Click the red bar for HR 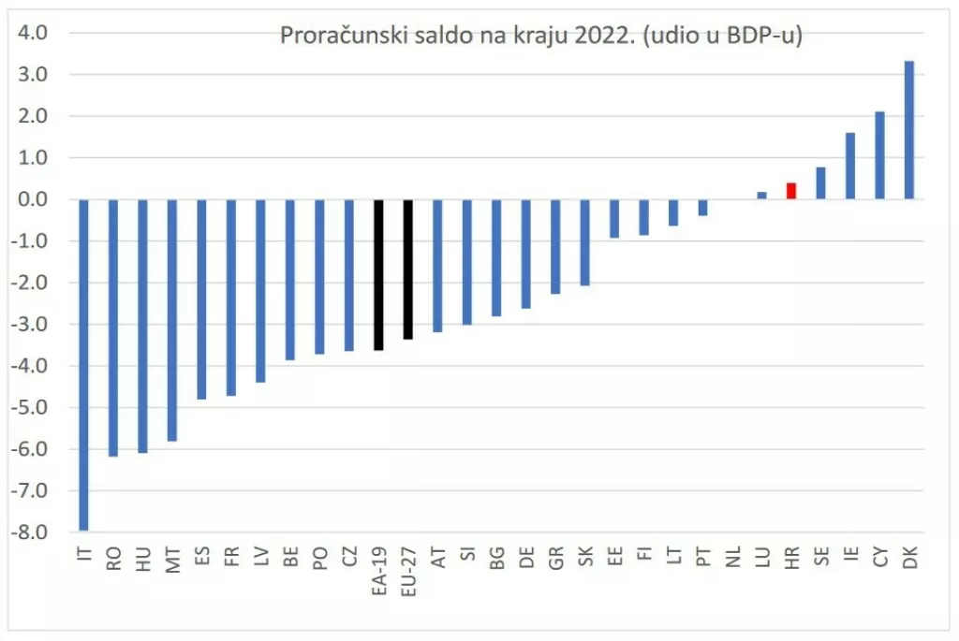tap(791, 191)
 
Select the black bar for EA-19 tap(378, 274)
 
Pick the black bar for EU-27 tap(408, 269)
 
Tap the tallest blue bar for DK tap(909, 130)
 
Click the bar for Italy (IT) tap(83, 365)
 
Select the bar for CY tap(879, 155)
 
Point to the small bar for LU tap(761, 196)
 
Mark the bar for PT tap(702, 208)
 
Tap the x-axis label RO tap(113, 560)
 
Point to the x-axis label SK tap(585, 560)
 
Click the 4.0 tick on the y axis tap(35, 34)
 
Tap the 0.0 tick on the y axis tap(35, 200)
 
